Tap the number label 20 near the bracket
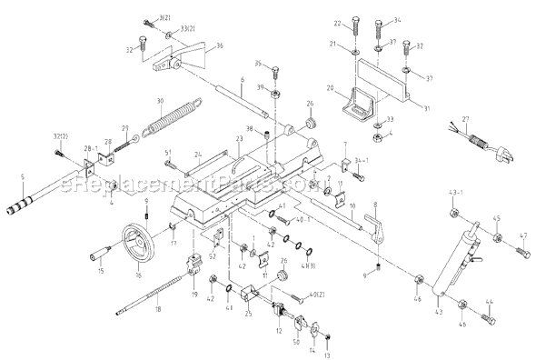coord(331,89)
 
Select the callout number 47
coord(523,235)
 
